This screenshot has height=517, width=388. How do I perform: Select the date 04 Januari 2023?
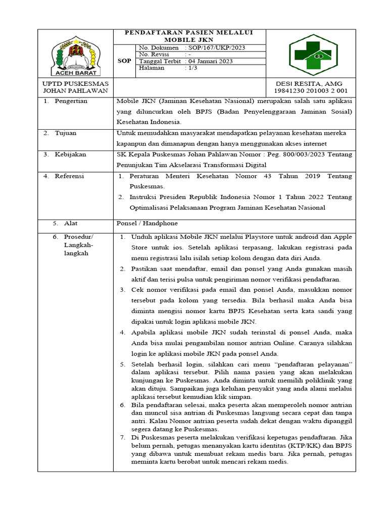tap(212, 61)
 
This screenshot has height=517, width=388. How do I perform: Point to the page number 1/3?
tap(192, 68)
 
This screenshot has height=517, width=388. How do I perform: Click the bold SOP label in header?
tap(124, 61)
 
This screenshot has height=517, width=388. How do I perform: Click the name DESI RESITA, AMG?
tap(309, 84)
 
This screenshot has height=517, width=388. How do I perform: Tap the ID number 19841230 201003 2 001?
tap(311, 91)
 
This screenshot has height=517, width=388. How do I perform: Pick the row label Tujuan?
tap(66, 133)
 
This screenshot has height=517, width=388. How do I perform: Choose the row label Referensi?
tap(70, 176)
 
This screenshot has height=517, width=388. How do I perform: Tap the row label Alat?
tap(71, 223)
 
